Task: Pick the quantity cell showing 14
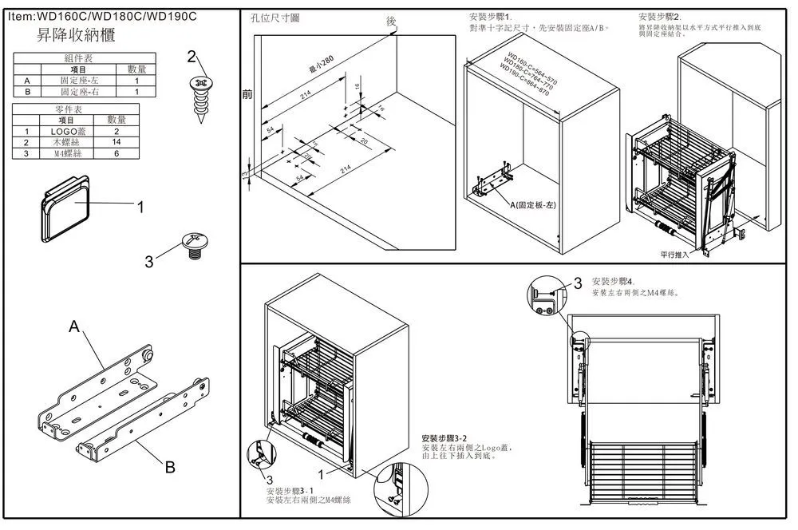[x=117, y=141]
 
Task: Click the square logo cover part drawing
[x=64, y=209]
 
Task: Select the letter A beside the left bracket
[x=74, y=326]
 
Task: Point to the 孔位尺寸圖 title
[x=275, y=18]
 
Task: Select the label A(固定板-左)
[x=534, y=205]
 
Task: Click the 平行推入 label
[x=675, y=253]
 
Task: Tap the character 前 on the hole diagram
[x=247, y=94]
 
